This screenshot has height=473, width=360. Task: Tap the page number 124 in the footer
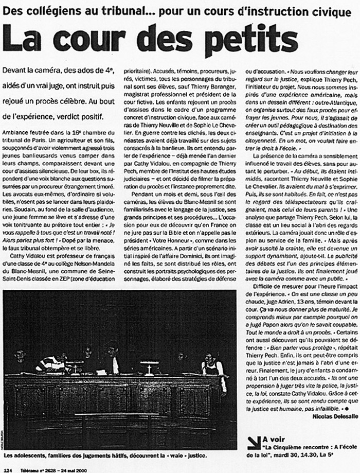click(8, 468)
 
